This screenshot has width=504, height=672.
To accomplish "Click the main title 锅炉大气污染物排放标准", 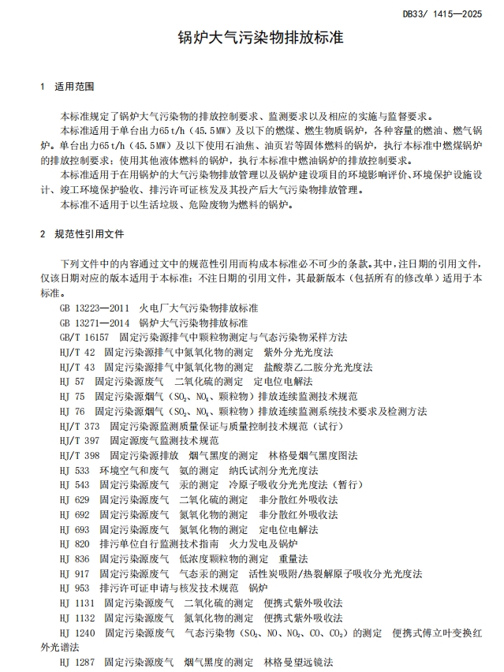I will pos(252,37).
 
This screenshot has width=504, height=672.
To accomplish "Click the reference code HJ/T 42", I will pos(77,352).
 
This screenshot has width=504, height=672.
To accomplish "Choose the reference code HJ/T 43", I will pos(77,367).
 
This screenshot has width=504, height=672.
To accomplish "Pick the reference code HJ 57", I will pos(73,382).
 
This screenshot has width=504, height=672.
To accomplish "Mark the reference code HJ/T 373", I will pos(79,426).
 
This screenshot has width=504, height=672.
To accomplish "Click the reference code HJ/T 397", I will pos(79,441).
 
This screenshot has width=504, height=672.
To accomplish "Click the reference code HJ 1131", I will pos(77,603).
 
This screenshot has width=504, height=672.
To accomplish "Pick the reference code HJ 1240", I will pos(77,633).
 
